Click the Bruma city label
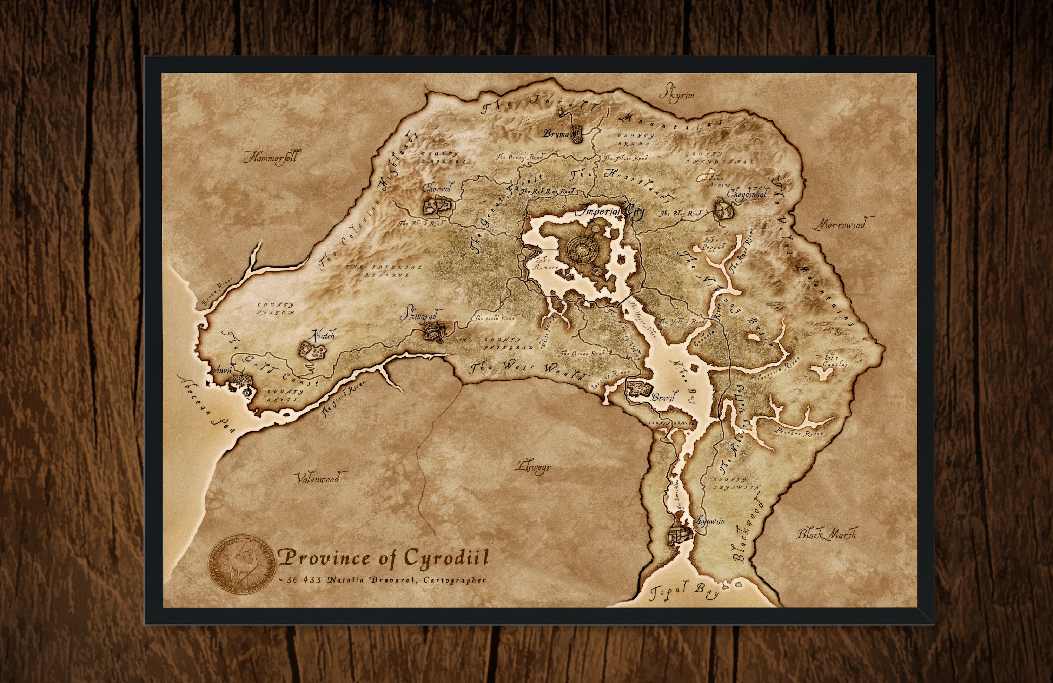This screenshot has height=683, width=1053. pyautogui.click(x=556, y=133)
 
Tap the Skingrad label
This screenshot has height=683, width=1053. pyautogui.click(x=418, y=316)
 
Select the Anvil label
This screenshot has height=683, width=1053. pyautogui.click(x=223, y=370)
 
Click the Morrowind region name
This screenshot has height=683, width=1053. pyautogui.click(x=843, y=224)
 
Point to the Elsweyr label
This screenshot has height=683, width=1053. pyautogui.click(x=534, y=467)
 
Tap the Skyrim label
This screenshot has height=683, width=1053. pyautogui.click(x=676, y=95)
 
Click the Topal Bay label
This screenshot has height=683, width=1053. pyautogui.click(x=683, y=591)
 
